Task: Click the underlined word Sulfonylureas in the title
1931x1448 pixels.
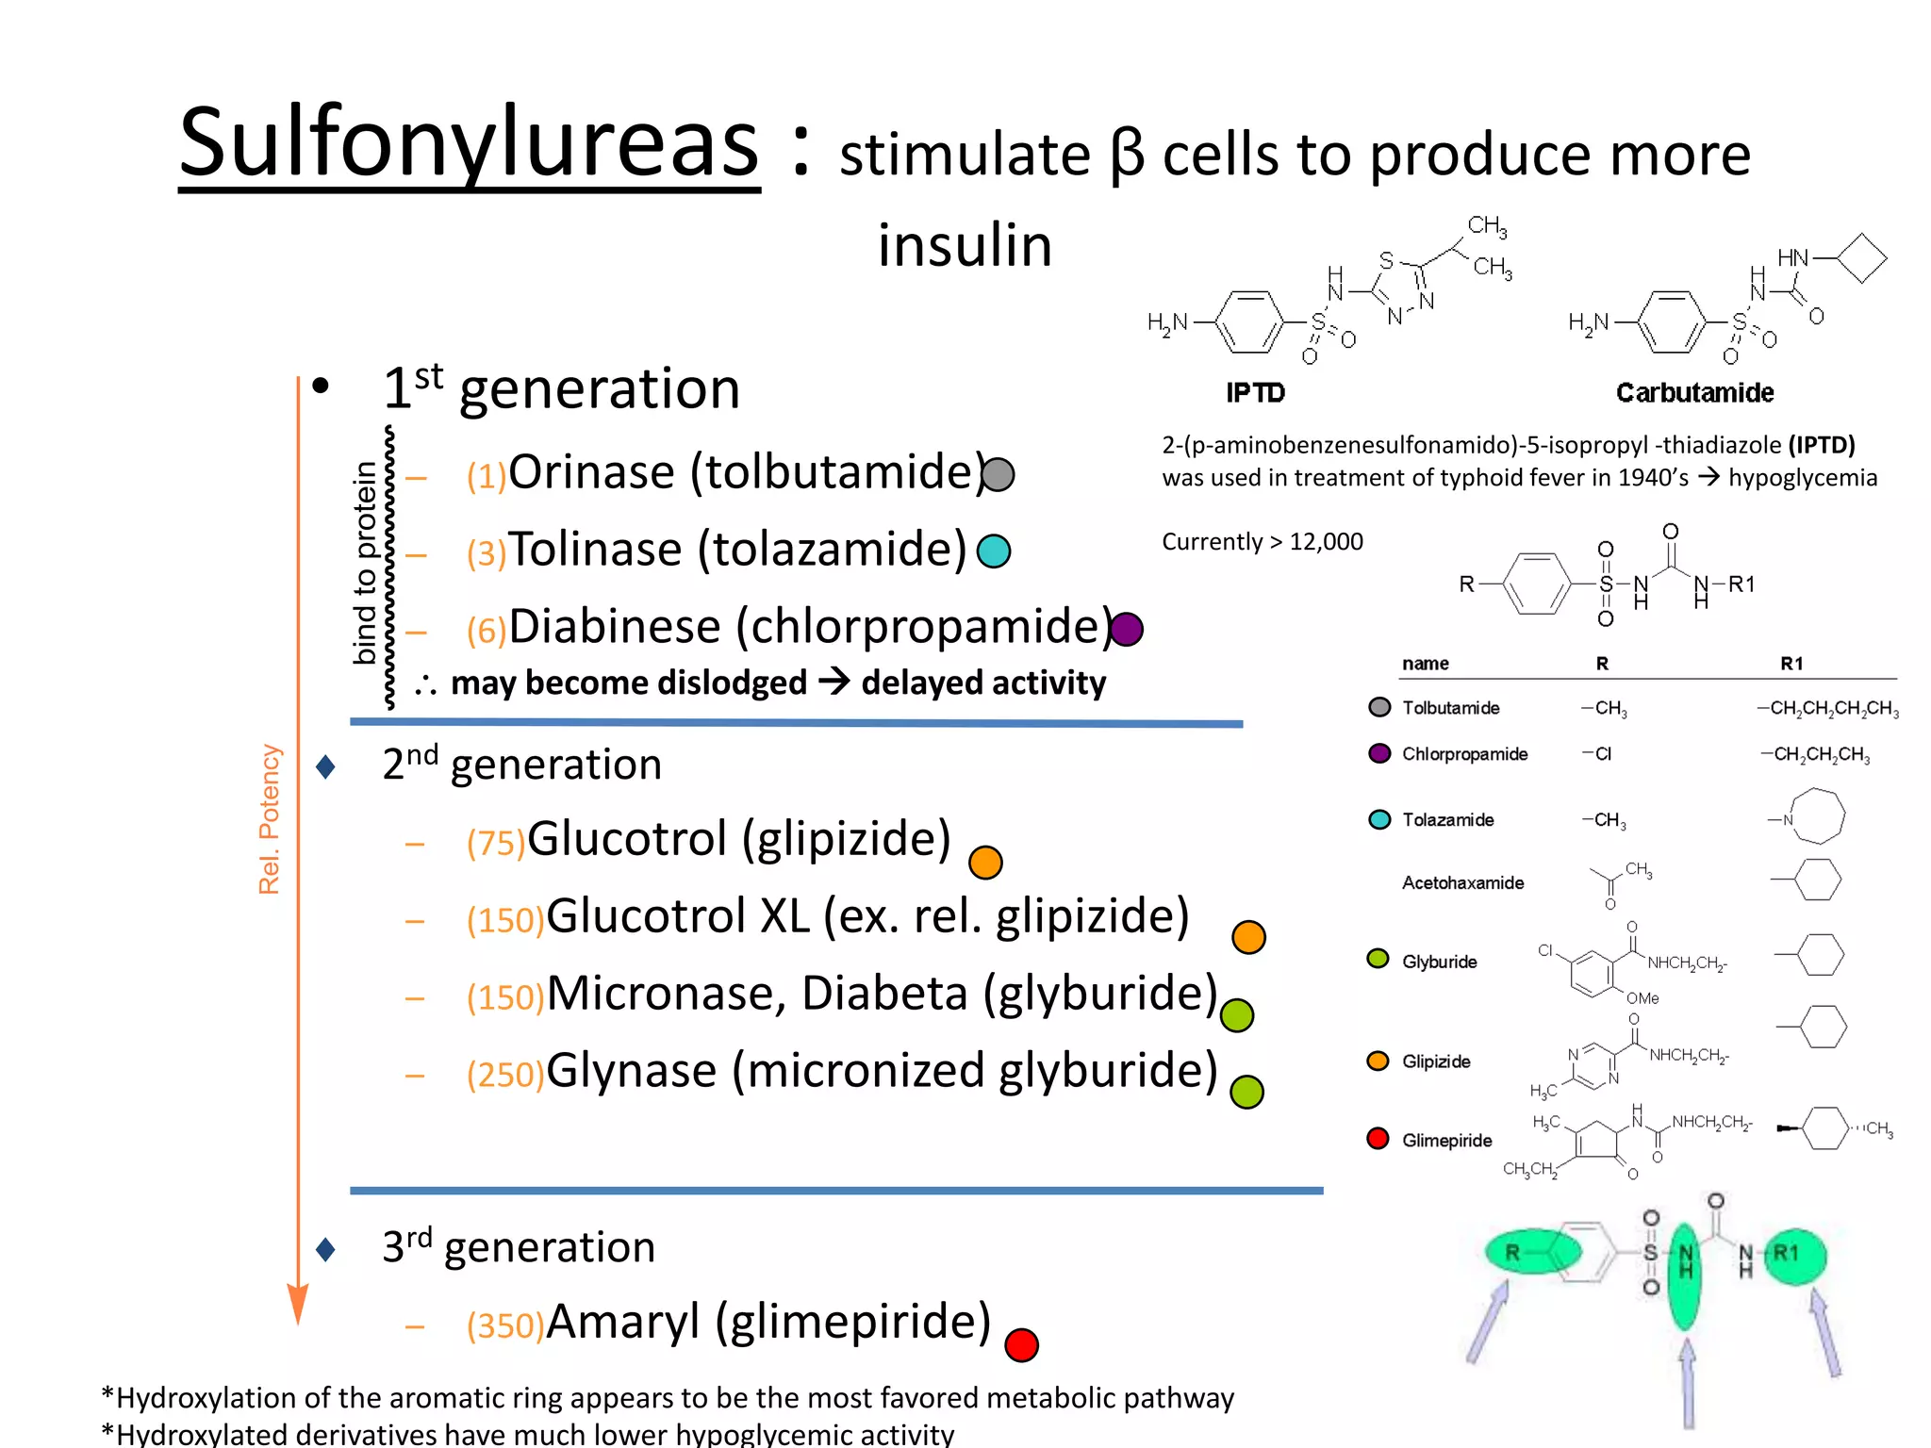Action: point(469,143)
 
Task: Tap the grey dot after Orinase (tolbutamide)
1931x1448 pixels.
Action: point(998,474)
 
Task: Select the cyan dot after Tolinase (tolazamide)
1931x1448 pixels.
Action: point(994,551)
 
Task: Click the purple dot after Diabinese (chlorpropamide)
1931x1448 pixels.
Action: point(1127,629)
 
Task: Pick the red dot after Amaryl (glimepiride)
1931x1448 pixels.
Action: point(1021,1344)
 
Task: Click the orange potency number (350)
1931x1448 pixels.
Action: point(505,1326)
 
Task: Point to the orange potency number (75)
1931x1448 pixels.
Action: point(495,843)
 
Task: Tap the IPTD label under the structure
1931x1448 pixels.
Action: point(1255,393)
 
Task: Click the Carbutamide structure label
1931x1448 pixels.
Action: point(1694,393)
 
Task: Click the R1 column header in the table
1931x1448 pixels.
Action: point(1791,664)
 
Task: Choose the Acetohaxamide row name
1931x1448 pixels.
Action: point(1462,883)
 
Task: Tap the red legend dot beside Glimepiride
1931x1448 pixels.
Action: point(1378,1139)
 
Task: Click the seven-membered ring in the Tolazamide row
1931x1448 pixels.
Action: point(1816,816)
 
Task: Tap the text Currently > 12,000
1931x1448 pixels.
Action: point(1262,542)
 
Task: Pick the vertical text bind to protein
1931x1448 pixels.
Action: point(365,563)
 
